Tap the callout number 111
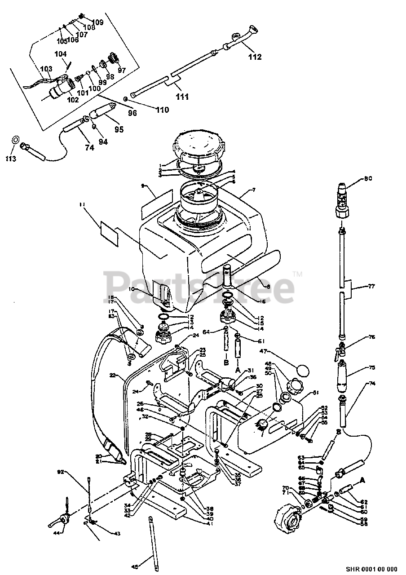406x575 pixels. coord(182,97)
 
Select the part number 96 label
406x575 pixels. coord(132,113)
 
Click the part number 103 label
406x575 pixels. coord(46,69)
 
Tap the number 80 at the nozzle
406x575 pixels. coord(368,178)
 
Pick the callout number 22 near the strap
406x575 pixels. coord(113,374)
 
